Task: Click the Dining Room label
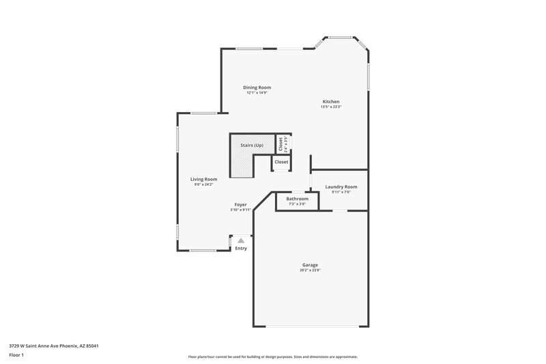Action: pos(257,87)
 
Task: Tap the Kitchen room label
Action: pos(331,102)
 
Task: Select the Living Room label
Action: pos(203,179)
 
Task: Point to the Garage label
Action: pos(311,265)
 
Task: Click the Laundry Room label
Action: pos(341,186)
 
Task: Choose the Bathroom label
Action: pos(297,199)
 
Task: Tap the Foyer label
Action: pos(240,204)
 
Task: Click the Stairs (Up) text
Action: pos(251,145)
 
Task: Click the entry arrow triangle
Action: pos(241,240)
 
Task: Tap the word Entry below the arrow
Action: pos(241,249)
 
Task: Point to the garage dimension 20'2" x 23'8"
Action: pos(311,270)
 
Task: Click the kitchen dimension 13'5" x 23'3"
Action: pos(331,107)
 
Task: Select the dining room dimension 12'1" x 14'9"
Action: pos(257,93)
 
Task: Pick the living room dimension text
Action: pos(203,184)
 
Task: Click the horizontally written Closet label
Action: pos(281,162)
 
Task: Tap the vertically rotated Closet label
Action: pos(280,144)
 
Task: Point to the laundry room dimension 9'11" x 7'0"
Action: pos(341,192)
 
